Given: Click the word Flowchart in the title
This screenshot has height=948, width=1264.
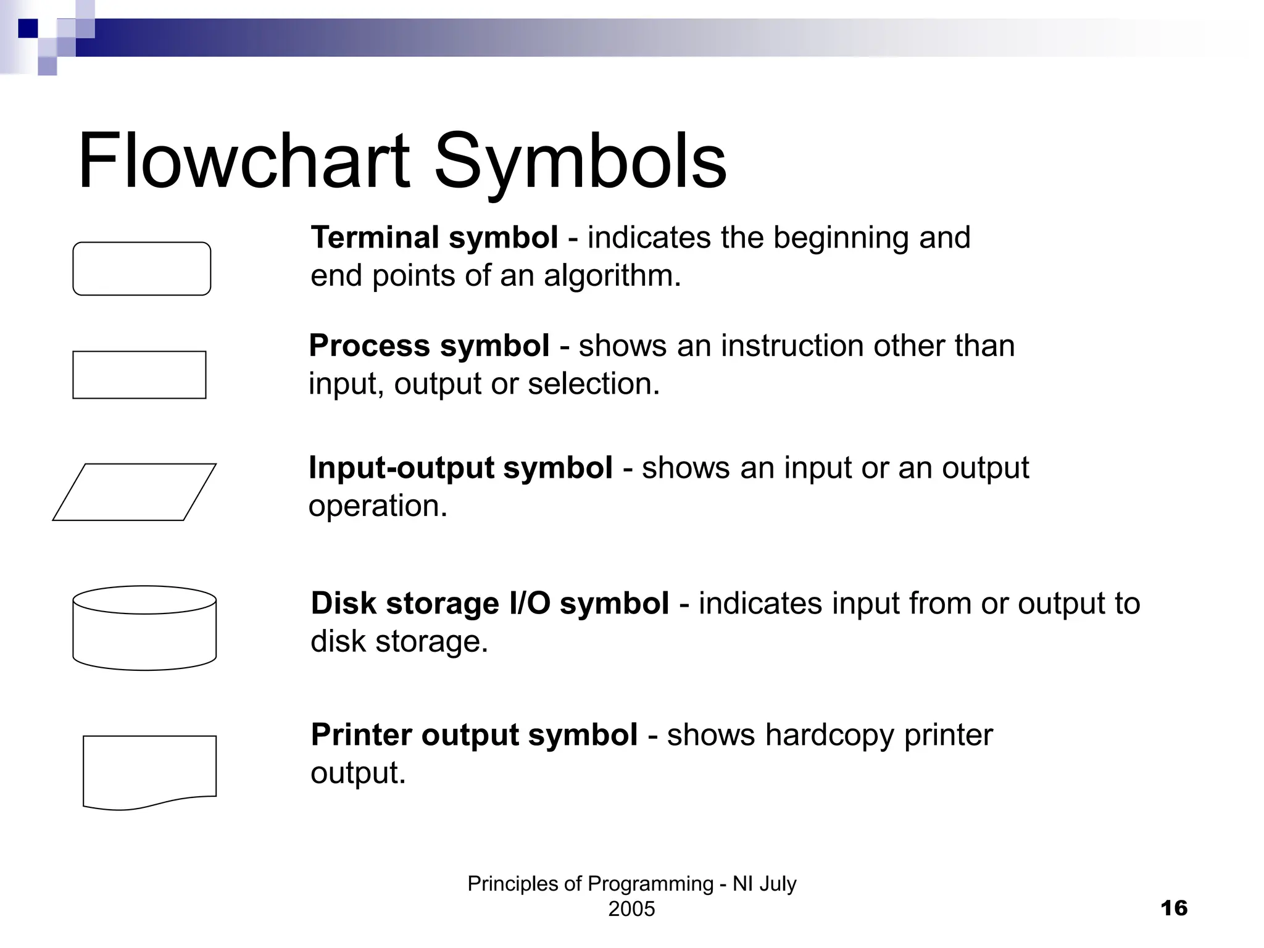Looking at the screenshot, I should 243,162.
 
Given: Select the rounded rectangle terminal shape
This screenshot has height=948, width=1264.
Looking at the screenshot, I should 142,268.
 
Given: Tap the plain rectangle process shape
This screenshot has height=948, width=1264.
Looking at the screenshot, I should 139,375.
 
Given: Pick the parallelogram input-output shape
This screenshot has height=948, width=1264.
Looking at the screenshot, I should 135,492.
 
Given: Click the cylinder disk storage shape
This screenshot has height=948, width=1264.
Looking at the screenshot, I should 144,628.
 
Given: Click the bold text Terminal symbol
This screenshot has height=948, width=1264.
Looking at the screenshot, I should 434,238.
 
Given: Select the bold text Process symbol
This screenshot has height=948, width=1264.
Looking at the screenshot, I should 429,346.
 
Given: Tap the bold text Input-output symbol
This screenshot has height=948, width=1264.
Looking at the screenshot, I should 460,468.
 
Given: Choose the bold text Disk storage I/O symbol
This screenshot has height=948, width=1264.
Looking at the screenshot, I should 489,604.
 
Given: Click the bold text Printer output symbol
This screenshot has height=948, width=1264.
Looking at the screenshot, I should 474,735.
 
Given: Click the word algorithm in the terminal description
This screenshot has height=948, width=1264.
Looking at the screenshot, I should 611,276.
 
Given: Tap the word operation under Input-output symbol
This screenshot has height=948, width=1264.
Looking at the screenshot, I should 376,506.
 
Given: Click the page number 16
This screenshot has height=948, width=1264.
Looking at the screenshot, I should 1173,908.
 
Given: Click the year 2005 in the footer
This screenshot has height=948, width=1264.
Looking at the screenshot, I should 631,909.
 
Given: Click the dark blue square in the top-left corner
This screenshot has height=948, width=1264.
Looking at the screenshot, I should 28,28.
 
